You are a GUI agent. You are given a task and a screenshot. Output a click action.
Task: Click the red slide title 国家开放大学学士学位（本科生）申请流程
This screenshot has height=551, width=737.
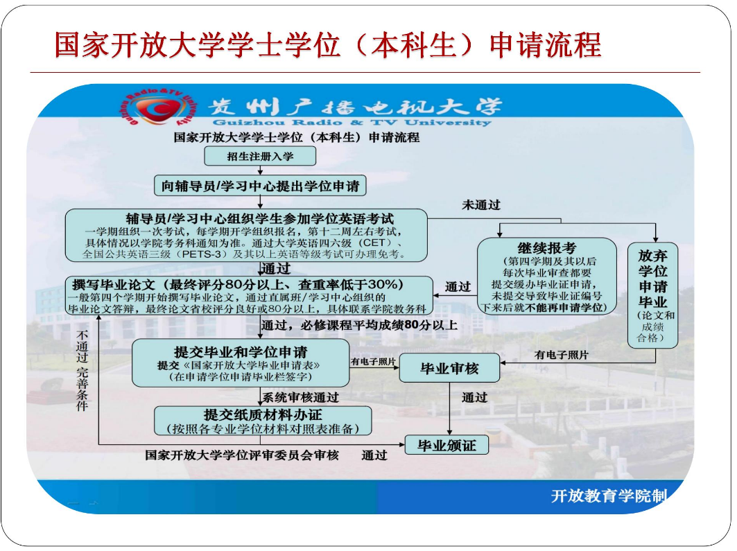pos(327,45)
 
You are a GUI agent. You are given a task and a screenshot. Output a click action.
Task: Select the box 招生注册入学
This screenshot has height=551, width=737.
pos(260,156)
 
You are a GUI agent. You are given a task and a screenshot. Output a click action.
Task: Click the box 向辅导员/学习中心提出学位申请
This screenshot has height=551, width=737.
pos(260,186)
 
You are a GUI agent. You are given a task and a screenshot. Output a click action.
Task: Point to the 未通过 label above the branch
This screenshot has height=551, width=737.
pos(481,205)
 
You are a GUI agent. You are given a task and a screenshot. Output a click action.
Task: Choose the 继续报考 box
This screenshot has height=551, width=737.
pos(546,277)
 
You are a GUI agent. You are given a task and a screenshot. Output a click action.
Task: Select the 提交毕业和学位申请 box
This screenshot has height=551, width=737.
pos(241,362)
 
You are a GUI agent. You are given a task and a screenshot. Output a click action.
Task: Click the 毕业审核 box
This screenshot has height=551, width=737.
pos(449,369)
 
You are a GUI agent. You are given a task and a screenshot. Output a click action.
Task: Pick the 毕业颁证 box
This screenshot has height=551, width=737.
pos(446,445)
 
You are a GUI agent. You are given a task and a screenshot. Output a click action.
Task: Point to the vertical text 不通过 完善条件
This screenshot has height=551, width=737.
pos(82,371)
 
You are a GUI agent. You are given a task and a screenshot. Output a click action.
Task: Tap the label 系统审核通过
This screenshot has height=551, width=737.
pos(301,398)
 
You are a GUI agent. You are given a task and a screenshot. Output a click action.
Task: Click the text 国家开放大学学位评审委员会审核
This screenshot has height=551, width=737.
pos(242,455)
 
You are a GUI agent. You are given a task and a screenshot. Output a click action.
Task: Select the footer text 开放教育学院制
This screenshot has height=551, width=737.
pos(608,496)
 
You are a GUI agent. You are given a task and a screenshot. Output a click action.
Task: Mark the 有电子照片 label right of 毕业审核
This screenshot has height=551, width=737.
pos(561,354)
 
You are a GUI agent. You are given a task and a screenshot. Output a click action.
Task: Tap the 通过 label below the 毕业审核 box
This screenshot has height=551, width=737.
pos(474,398)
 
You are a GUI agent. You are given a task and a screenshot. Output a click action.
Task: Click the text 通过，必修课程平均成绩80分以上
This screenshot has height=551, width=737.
pos(359,324)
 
